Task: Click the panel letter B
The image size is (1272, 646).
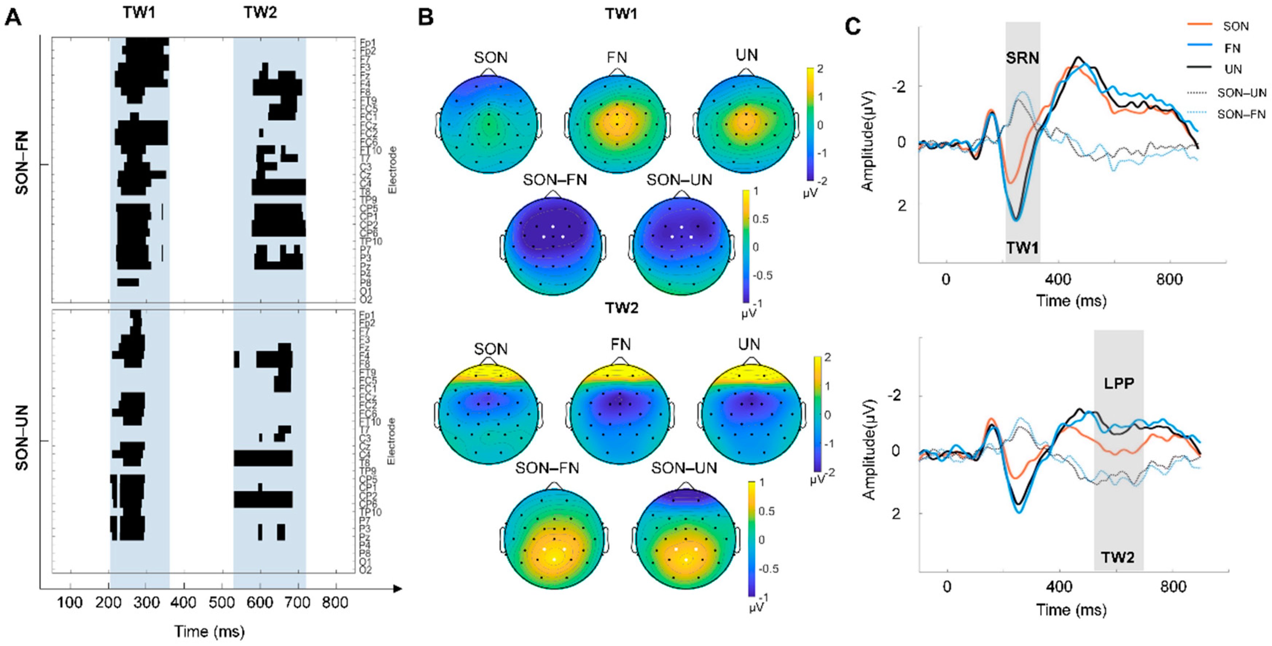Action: point(426,18)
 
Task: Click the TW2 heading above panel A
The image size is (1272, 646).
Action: point(260,12)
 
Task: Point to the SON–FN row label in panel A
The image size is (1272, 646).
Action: point(22,163)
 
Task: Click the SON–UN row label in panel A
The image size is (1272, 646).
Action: point(22,438)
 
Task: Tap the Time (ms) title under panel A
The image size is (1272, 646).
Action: point(209,631)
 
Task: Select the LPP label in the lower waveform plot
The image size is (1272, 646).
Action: point(1119,383)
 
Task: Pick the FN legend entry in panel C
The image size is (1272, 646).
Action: point(1233,48)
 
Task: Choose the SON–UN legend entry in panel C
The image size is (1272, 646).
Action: point(1241,92)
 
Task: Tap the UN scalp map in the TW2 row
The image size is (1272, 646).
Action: point(749,415)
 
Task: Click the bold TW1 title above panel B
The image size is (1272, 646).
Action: point(621,13)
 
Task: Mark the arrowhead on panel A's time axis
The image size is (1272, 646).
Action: point(398,588)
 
